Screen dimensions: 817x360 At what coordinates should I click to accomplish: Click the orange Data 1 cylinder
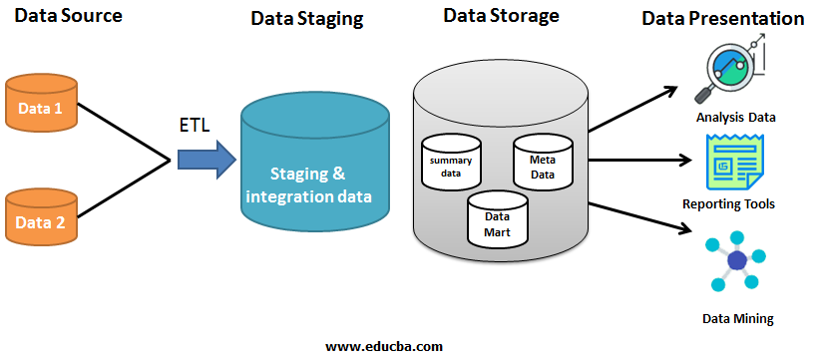(x=41, y=103)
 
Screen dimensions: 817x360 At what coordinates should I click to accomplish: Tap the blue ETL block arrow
(x=206, y=159)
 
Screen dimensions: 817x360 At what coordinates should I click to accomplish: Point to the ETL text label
(x=193, y=126)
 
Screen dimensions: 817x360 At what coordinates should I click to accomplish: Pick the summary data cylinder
(x=451, y=162)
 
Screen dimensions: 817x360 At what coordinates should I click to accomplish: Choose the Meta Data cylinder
(x=543, y=162)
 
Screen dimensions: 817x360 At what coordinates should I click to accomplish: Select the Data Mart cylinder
(x=497, y=218)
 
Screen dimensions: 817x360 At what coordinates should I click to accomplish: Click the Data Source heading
(x=68, y=15)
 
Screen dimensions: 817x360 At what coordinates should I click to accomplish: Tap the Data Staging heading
(x=307, y=18)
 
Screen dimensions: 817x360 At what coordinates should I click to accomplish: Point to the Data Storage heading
(x=501, y=15)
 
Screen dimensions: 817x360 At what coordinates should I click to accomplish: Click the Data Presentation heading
(x=722, y=18)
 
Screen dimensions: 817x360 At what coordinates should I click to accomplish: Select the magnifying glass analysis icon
(x=731, y=68)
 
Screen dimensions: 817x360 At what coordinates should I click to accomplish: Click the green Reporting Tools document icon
(x=734, y=162)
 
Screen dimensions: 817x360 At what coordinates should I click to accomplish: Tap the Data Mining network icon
(x=736, y=261)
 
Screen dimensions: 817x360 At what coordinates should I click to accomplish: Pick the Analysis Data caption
(x=736, y=118)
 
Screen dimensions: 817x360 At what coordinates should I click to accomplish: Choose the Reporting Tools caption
(x=728, y=204)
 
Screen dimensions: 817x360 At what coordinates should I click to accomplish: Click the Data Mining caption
(x=738, y=318)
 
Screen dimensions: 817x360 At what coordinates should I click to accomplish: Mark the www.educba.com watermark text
(x=384, y=346)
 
